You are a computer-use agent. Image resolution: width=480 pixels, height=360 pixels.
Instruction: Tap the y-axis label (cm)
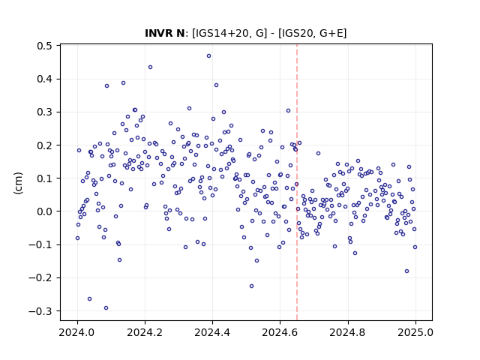click(18, 183)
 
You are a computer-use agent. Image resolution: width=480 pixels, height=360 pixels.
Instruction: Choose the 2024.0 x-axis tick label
click(77, 332)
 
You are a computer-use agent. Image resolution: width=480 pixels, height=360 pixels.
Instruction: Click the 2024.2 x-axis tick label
click(145, 332)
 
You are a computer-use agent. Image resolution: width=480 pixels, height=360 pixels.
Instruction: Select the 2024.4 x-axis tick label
click(212, 332)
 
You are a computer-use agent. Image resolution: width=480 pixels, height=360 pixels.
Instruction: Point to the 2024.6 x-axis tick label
click(280, 332)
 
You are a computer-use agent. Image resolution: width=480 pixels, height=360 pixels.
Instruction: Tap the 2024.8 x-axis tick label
click(348, 332)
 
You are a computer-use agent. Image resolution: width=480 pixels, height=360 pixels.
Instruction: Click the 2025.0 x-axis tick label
click(415, 332)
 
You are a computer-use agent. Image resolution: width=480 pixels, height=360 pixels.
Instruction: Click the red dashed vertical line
click(297, 182)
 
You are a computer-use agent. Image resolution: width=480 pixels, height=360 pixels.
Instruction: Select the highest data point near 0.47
click(208, 56)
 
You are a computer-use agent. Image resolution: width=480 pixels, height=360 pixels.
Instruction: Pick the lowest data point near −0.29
click(106, 308)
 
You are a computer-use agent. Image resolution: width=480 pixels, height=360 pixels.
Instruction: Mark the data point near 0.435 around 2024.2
click(150, 67)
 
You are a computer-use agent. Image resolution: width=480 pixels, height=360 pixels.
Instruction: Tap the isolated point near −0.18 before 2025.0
click(406, 271)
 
